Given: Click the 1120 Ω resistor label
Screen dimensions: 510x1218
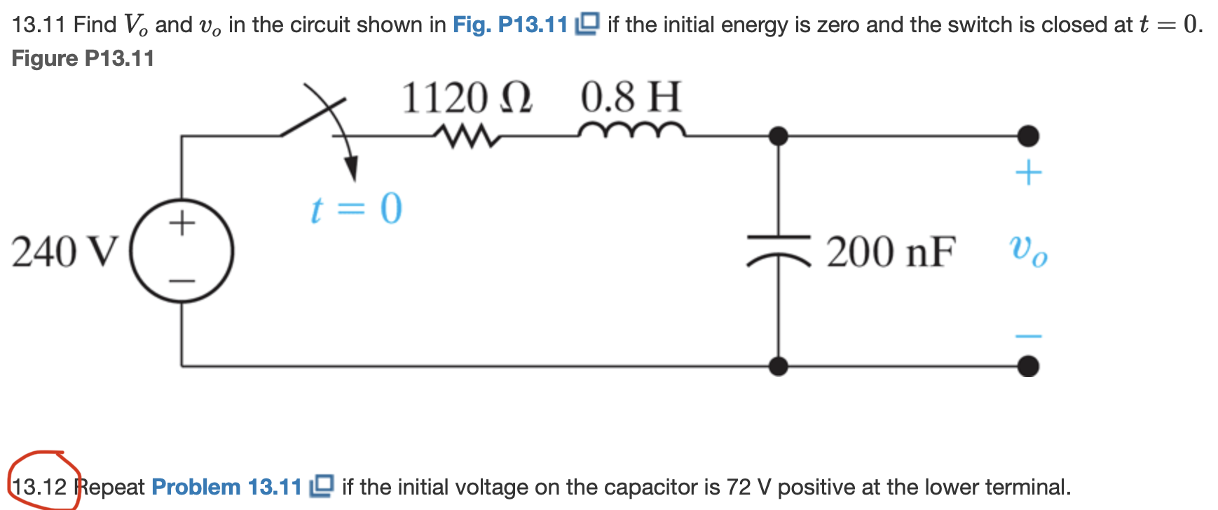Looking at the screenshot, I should click(467, 97).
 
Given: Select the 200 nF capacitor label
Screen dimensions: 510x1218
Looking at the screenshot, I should click(891, 252).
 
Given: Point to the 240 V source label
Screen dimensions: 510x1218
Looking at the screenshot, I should click(64, 252).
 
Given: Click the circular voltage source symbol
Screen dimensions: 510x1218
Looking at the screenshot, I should click(182, 251).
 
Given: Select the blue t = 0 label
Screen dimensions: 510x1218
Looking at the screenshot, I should click(357, 209).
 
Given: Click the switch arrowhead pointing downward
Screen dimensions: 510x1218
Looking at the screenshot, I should click(351, 169).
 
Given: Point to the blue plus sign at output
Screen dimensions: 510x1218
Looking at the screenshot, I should click(1028, 172).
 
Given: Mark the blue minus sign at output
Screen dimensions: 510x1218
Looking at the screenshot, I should click(1028, 336).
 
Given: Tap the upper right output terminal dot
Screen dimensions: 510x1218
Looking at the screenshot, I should click(1028, 136).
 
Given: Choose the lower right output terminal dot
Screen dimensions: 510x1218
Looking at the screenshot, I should click(1028, 366).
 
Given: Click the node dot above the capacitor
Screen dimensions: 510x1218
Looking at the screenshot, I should click(779, 136).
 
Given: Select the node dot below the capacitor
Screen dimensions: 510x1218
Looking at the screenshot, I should click(779, 366).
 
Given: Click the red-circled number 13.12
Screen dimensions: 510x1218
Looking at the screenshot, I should click(40, 486).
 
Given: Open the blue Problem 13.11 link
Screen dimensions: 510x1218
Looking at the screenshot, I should click(226, 486).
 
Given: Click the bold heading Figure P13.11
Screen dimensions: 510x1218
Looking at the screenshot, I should click(83, 58).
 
